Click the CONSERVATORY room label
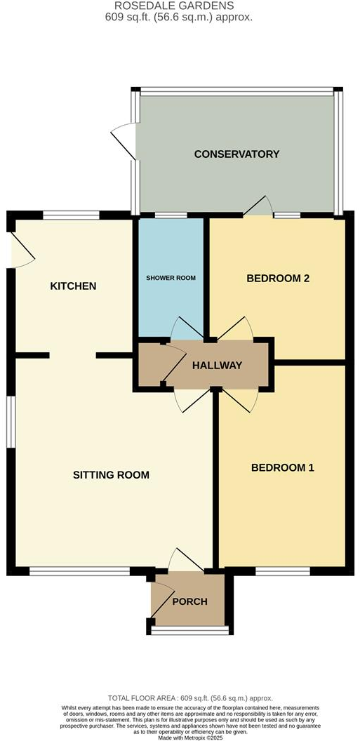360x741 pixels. [236, 154]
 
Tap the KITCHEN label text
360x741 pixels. [73, 286]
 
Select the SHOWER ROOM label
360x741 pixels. [171, 279]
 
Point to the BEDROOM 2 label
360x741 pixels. [278, 279]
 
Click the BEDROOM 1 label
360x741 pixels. [282, 468]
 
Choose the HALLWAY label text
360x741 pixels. [218, 366]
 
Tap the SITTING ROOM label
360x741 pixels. [111, 475]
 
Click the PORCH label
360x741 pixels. [189, 602]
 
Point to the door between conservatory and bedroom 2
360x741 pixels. [258, 206]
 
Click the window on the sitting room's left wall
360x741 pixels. [11, 421]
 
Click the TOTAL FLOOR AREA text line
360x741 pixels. [180, 699]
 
